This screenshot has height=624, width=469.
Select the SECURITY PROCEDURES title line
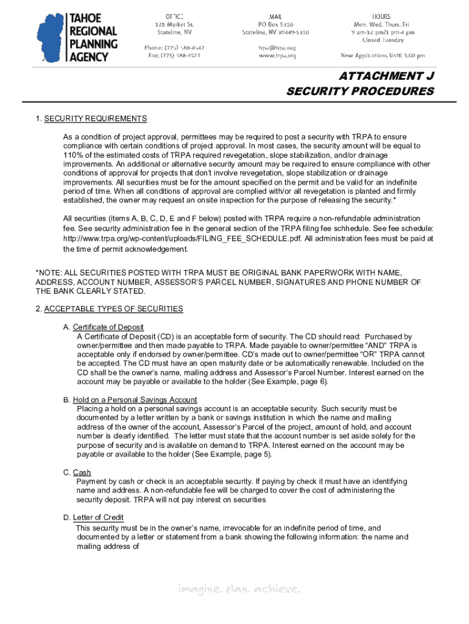pos(360,91)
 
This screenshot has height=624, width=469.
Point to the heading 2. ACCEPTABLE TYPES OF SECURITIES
pos(109,309)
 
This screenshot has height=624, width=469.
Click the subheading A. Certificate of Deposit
pos(104,327)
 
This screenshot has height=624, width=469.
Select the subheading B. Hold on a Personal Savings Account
pos(130,400)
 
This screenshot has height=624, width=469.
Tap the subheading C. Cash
pos(77,472)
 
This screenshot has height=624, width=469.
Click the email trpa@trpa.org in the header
pos(277,48)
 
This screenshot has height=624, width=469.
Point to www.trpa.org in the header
pos(277,55)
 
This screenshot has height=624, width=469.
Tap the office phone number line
pos(174,48)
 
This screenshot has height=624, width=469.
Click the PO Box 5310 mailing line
pos(276,24)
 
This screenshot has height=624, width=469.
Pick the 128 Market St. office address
pos(174,24)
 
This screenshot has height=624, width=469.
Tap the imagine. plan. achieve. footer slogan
pos(239,589)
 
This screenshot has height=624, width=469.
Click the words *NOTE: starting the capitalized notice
pos(50,273)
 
